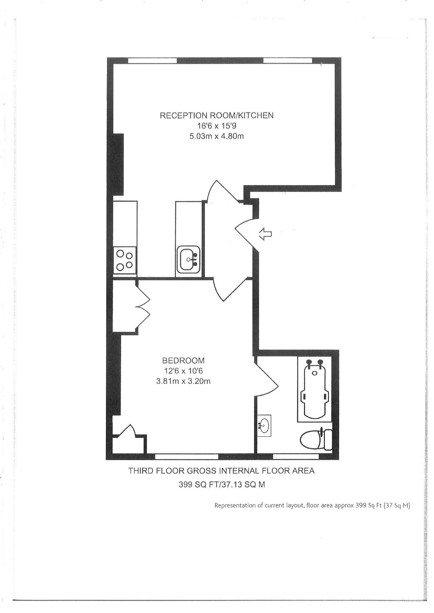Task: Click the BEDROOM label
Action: pyautogui.click(x=183, y=361)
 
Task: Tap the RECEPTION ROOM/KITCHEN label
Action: pyautogui.click(x=217, y=115)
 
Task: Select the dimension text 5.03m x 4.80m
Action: pyautogui.click(x=217, y=137)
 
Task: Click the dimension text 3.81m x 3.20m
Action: pyautogui.click(x=183, y=381)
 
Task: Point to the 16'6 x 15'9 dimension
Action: pyautogui.click(x=217, y=126)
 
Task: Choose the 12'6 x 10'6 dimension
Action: pyautogui.click(x=183, y=371)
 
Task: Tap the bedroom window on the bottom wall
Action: pyautogui.click(x=187, y=457)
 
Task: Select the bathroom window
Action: pyautogui.click(x=296, y=457)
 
